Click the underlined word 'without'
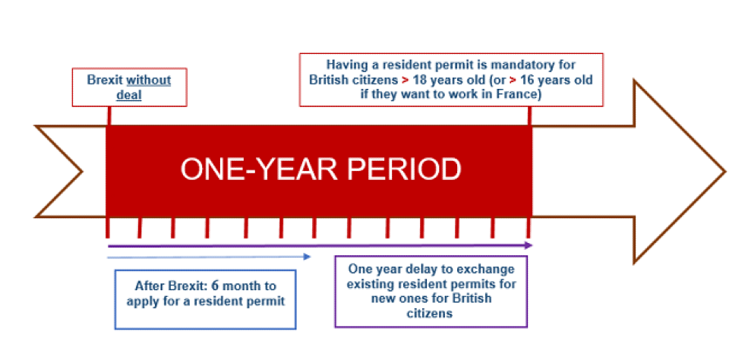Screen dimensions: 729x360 (149, 80)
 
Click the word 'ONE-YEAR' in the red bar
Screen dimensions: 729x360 (254, 169)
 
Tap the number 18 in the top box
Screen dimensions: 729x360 (419, 80)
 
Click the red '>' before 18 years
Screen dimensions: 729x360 (406, 80)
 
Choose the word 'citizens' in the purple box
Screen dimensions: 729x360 (430, 314)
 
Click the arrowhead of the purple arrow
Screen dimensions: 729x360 (528, 245)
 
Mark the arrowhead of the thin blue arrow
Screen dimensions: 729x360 (307, 256)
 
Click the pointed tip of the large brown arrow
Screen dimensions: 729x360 (724, 172)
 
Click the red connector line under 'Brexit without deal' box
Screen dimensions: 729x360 (109, 115)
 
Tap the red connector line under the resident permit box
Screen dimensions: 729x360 (529, 115)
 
